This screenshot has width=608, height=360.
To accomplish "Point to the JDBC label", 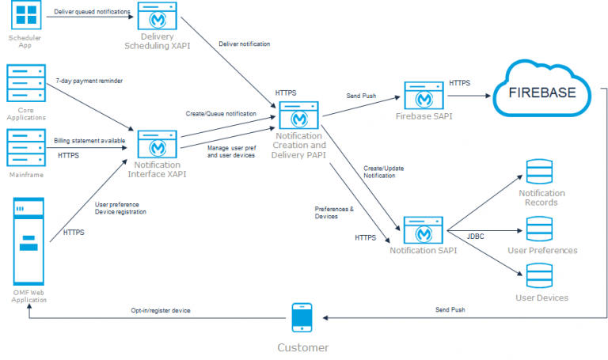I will coord(476,236).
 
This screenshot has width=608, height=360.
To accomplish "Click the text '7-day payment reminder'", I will coord(89,81).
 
